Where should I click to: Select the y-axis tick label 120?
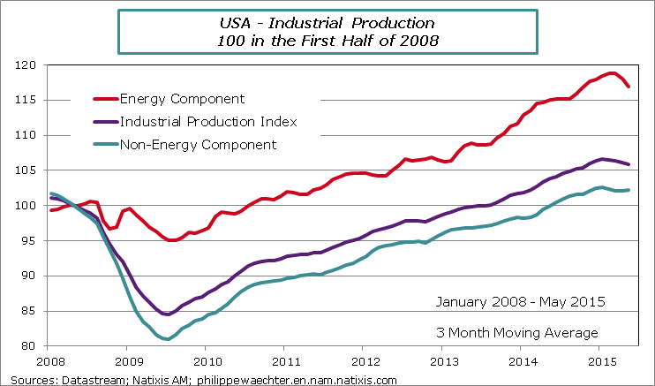31,65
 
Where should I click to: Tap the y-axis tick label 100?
31,206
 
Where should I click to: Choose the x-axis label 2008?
50,362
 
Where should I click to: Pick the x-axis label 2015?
601,362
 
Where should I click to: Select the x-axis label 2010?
207,362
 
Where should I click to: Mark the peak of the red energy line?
610,72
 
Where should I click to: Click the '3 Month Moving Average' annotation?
516,332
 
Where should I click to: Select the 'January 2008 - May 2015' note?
520,302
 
